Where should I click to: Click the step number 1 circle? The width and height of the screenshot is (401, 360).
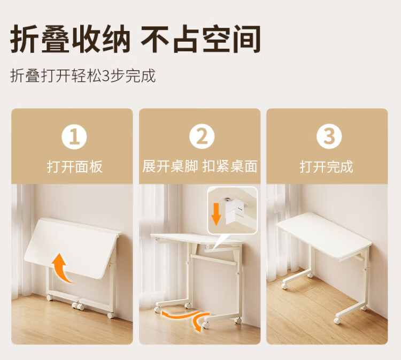tap(74, 136)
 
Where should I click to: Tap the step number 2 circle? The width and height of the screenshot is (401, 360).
tap(202, 136)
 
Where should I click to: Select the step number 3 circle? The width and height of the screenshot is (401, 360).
tap(329, 136)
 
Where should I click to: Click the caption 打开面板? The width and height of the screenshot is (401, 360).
tap(75, 167)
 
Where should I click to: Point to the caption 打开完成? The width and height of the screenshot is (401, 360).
tap(327, 167)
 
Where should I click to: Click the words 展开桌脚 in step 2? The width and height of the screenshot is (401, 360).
tap(170, 166)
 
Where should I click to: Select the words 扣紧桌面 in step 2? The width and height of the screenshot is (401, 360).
tap(230, 166)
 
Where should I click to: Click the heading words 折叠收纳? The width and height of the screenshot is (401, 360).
tap(71, 39)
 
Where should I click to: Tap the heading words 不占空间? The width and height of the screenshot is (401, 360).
tap(201, 39)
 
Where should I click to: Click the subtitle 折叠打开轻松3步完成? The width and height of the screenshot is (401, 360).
tap(83, 76)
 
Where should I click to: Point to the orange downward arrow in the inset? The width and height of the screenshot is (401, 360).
tap(216, 214)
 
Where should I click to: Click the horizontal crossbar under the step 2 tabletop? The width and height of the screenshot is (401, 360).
tap(213, 259)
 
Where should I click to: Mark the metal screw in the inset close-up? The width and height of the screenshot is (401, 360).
tap(226, 199)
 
